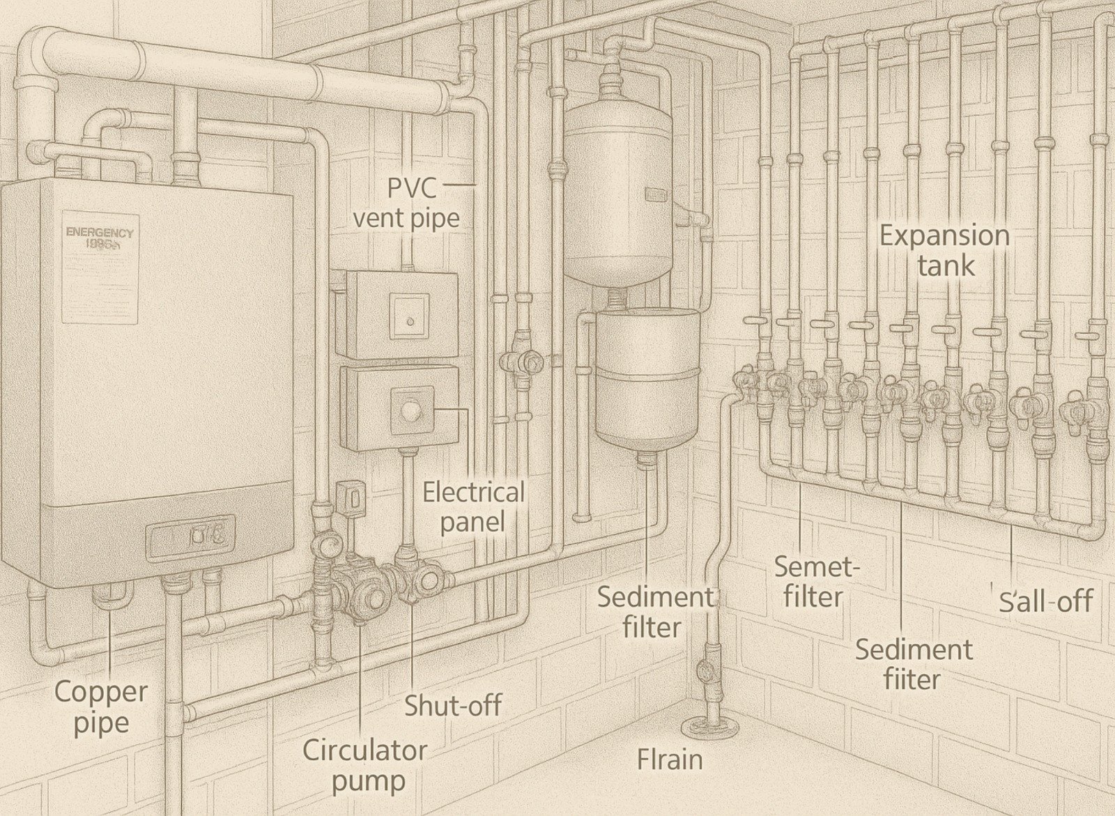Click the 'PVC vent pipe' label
(406, 202)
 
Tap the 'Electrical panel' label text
(473, 507)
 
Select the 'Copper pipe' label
(100, 707)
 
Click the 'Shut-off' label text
(453, 705)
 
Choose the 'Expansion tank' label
(944, 250)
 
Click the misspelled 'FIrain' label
(670, 759)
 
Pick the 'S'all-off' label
(1045, 601)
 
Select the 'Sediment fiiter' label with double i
(913, 664)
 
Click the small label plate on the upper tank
(656, 193)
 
